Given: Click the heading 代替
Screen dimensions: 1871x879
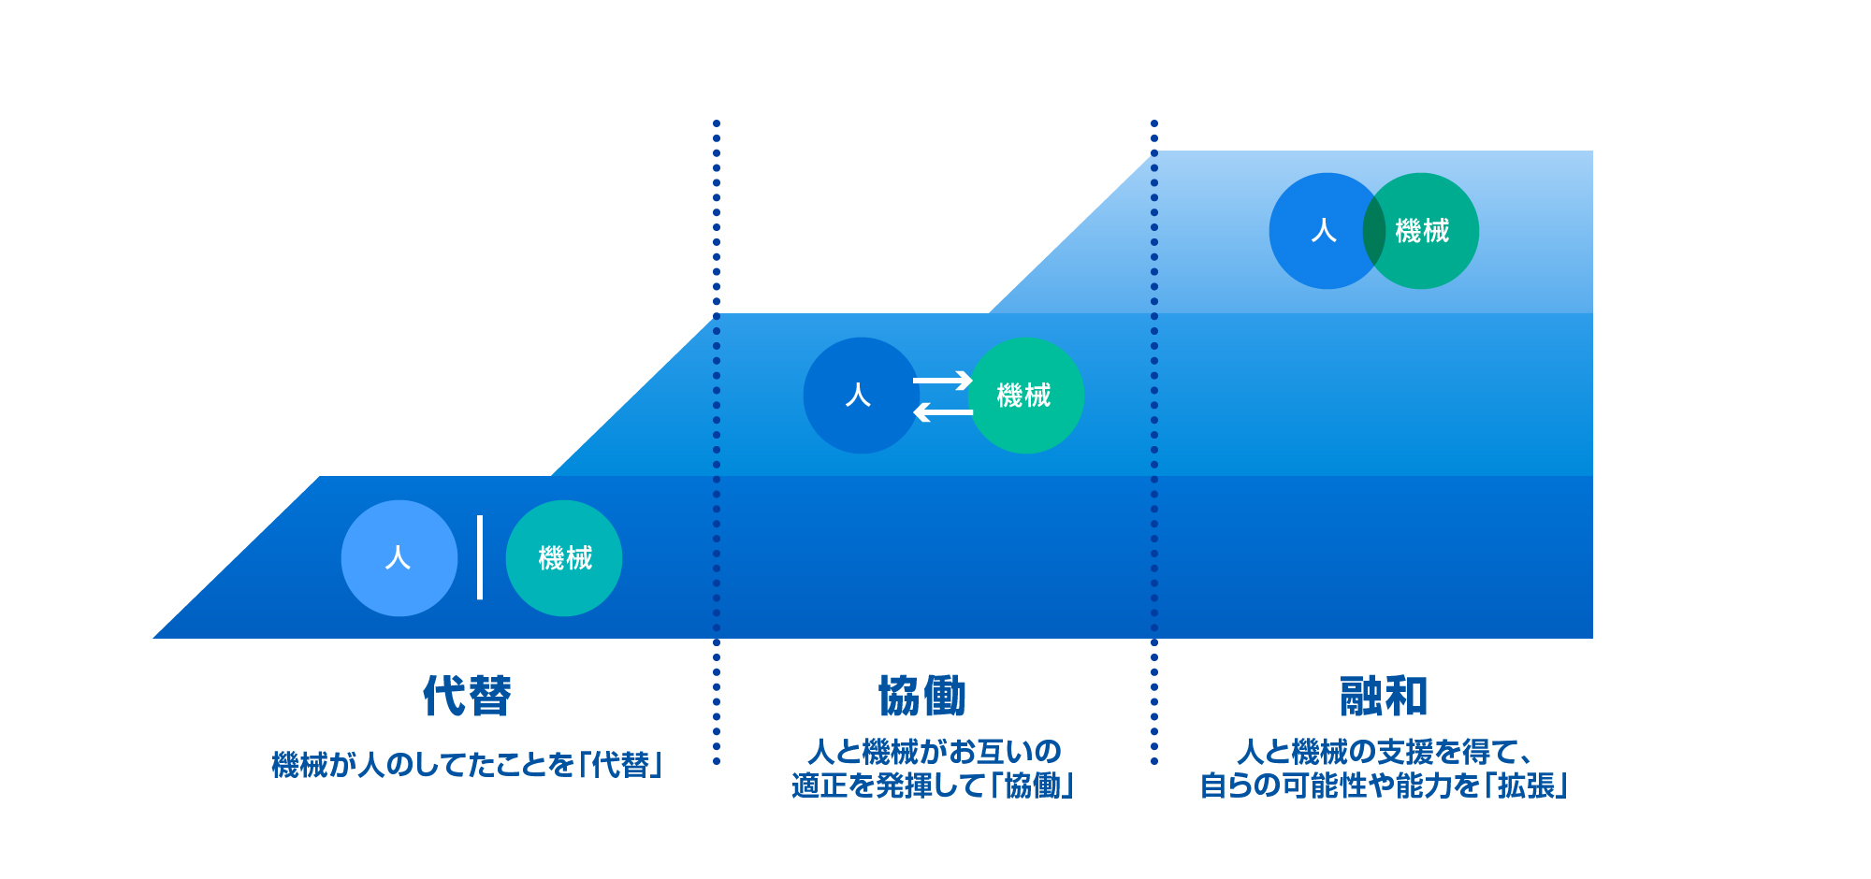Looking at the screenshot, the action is (x=467, y=697).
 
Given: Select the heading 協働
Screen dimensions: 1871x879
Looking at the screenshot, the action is (x=921, y=697).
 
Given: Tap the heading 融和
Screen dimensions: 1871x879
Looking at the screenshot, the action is (x=1384, y=697).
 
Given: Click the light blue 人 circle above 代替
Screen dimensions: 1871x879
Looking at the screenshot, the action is (x=399, y=558).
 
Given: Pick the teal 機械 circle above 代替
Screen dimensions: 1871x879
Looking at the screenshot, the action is (x=564, y=558).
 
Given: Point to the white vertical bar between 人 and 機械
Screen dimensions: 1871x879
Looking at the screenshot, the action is (x=480, y=557).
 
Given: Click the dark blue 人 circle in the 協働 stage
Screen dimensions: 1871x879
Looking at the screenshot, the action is (x=862, y=396).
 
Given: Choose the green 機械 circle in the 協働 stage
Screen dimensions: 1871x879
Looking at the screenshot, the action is (x=1026, y=396).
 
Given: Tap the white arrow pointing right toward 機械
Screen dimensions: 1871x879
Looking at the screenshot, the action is (x=943, y=381).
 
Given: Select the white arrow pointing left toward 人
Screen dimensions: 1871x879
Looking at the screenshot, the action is (x=943, y=411).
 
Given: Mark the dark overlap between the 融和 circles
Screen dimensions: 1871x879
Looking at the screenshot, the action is (x=1374, y=231).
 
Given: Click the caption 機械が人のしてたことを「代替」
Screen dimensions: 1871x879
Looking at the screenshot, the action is (x=467, y=765).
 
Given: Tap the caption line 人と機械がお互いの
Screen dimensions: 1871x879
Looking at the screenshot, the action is (x=934, y=751).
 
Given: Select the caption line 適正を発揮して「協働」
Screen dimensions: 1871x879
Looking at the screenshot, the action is (x=933, y=785).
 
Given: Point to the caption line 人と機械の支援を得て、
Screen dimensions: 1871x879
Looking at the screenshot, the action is (x=1385, y=751).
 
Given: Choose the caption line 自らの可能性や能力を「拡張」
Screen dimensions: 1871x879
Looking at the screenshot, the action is (x=1384, y=785).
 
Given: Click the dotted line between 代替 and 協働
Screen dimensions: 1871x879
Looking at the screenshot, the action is (x=717, y=442).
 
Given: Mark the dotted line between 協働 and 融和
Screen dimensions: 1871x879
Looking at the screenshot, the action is (x=1154, y=442).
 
